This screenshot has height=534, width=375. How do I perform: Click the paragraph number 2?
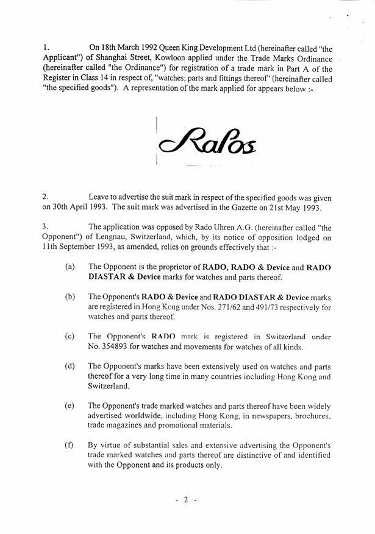coord(45,197)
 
